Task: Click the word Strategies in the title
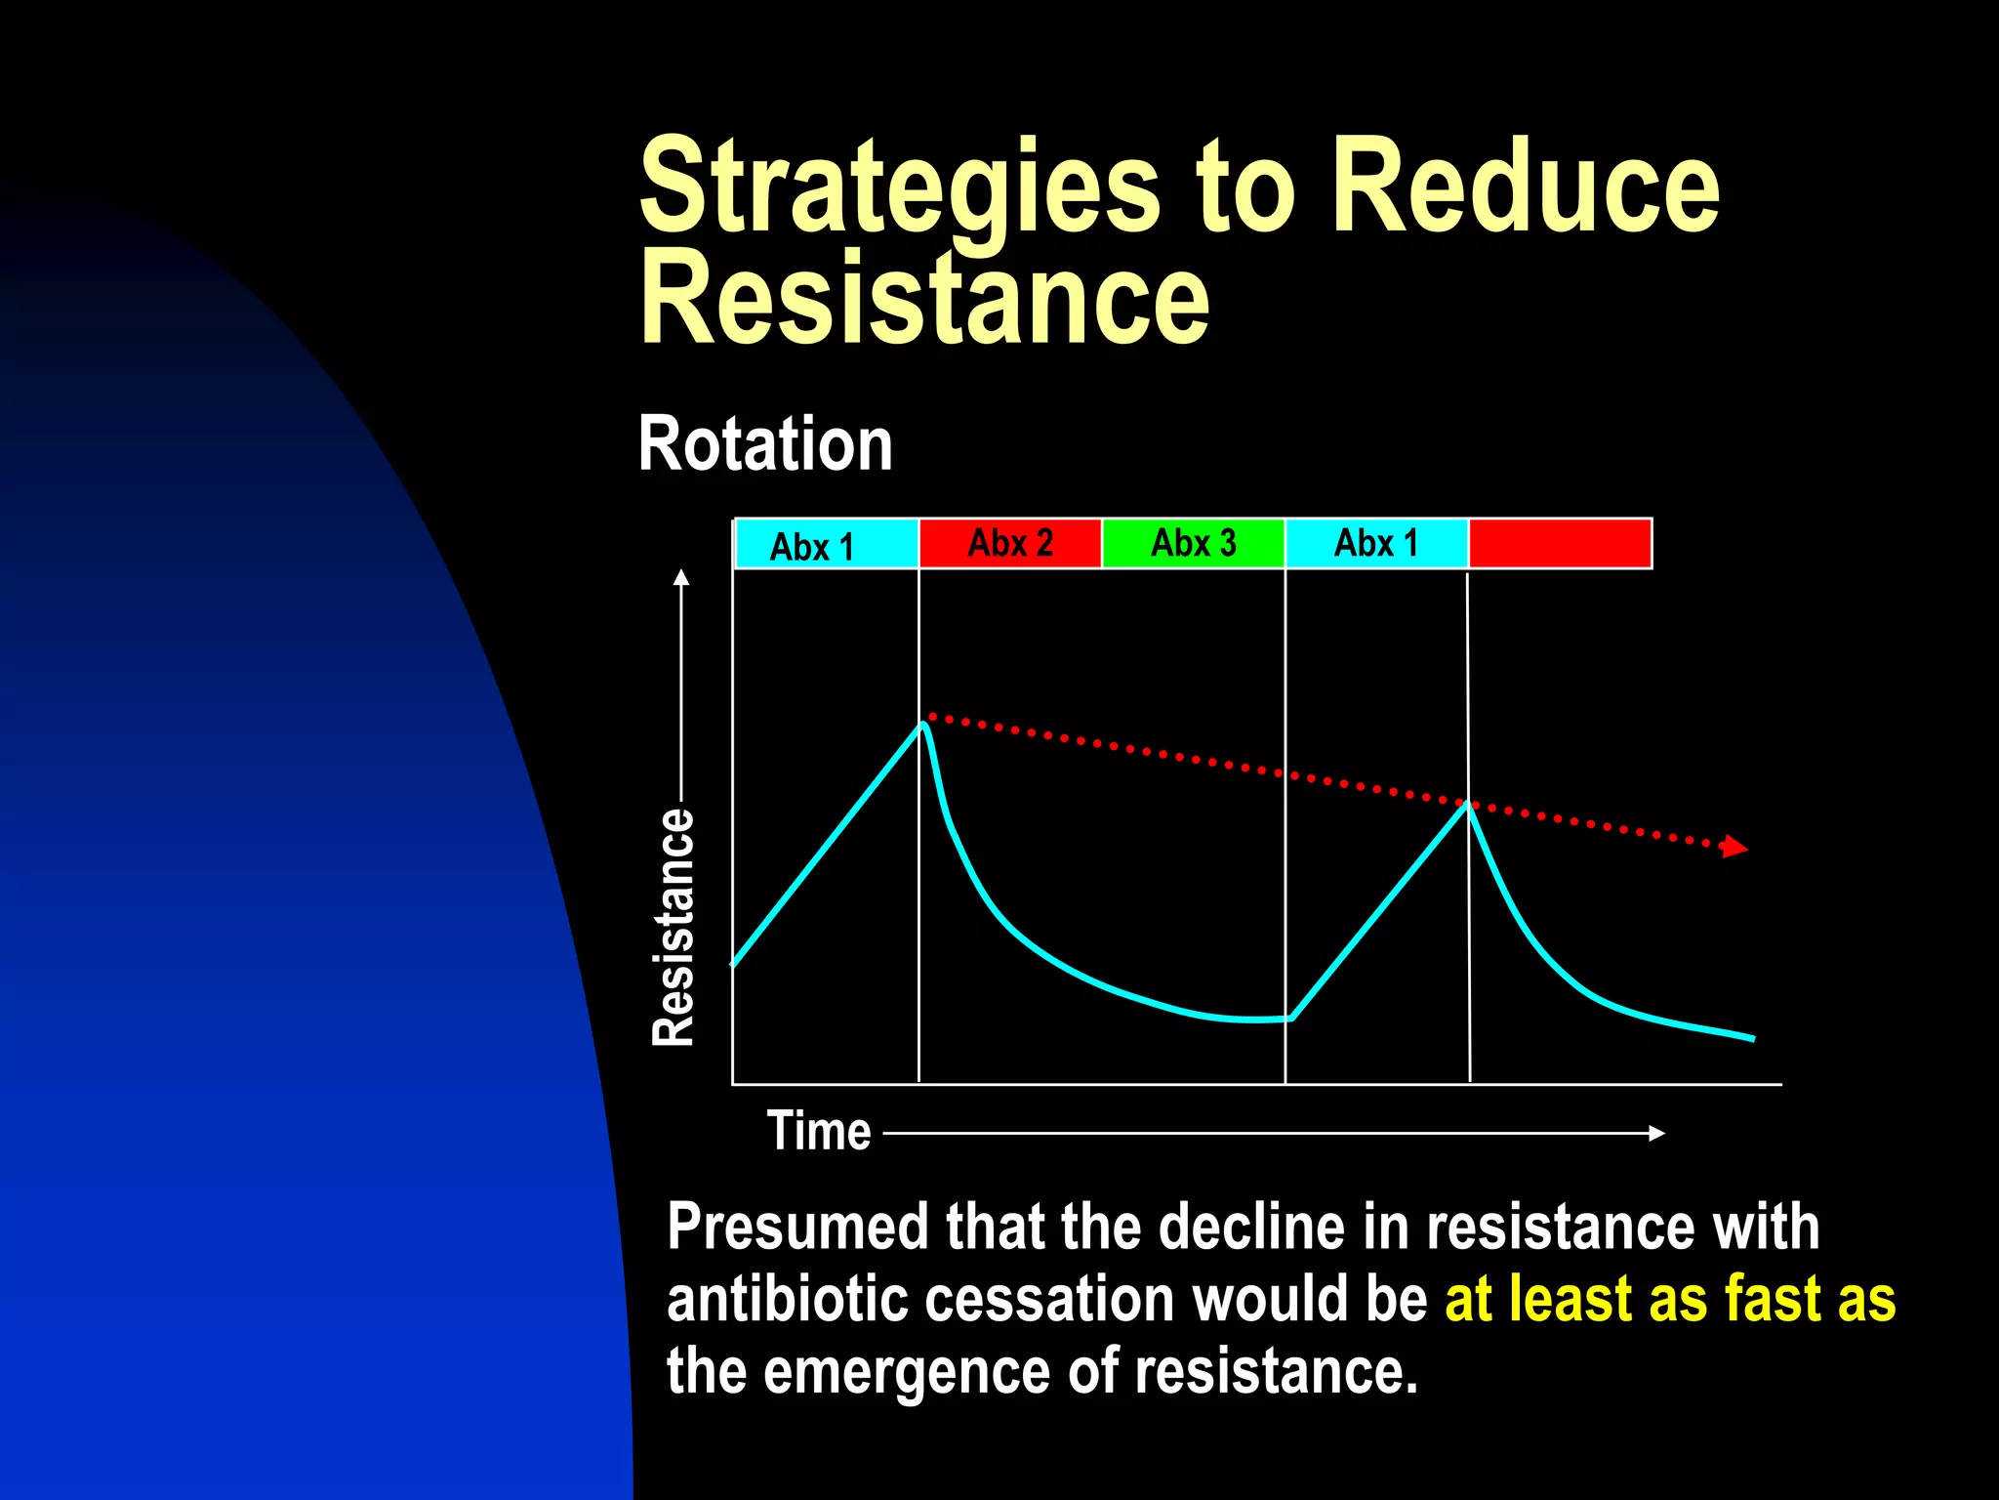898,187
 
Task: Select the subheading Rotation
765,444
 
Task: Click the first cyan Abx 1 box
826,545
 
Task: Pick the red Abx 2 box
1009,543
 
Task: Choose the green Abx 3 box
1193,543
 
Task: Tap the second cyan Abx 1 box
1376,543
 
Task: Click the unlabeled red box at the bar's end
1560,543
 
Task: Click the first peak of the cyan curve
921,724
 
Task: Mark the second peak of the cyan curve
1466,804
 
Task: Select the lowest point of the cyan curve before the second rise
1290,1020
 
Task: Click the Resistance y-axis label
673,928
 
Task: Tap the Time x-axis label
818,1131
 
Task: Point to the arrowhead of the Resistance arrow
681,577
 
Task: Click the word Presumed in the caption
796,1228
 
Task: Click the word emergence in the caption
906,1371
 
